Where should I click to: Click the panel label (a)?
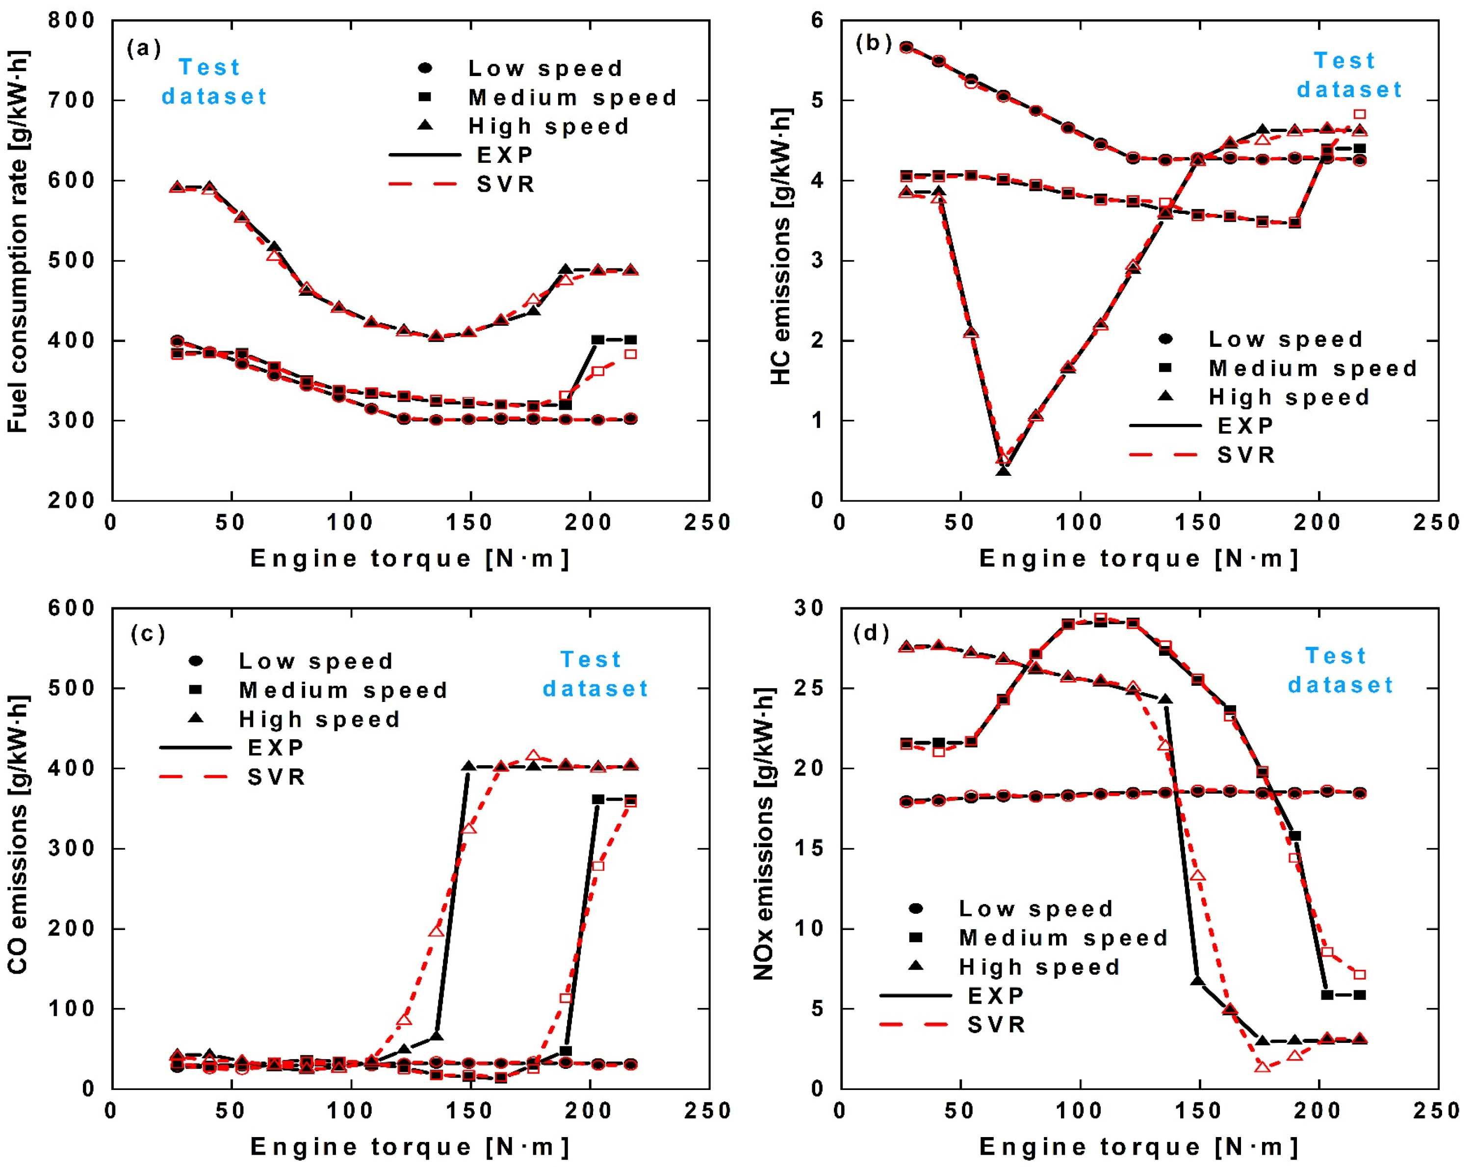pos(143,49)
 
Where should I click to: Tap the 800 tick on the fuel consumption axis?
pos(72,21)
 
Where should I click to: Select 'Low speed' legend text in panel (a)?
pos(545,68)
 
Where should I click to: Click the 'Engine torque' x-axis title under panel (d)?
pos(1139,1146)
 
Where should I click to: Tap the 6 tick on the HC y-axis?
pos(817,21)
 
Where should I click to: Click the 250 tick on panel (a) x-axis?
pos(708,523)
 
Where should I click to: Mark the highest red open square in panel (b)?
pos(1360,114)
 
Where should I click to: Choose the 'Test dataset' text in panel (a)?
pos(214,82)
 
